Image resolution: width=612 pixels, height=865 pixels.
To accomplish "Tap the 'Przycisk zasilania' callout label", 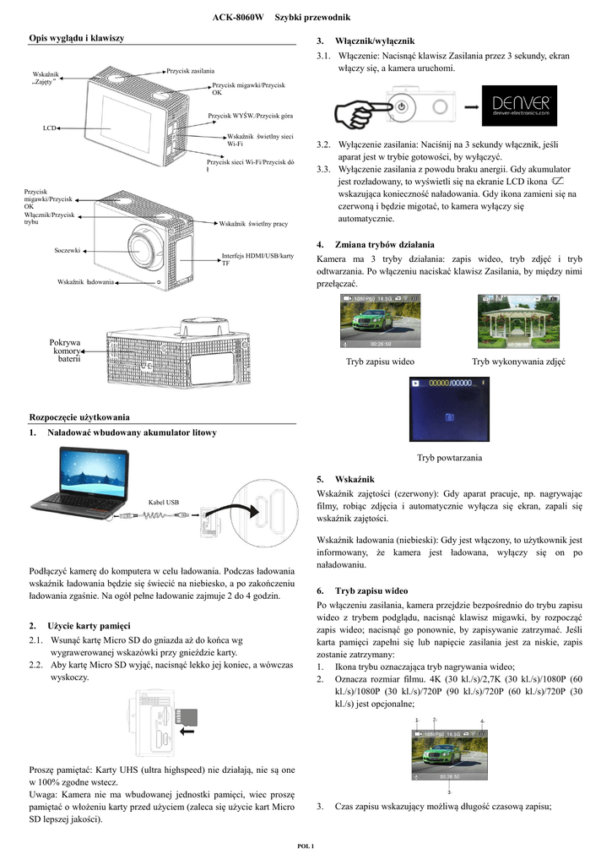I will (x=190, y=70).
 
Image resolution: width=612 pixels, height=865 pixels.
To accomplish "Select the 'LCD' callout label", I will (x=49, y=128).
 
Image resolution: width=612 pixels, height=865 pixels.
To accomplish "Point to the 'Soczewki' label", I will (x=67, y=250).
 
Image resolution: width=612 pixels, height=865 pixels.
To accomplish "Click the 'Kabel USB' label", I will (x=164, y=501).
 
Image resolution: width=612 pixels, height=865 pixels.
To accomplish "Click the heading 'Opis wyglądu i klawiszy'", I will (x=77, y=39).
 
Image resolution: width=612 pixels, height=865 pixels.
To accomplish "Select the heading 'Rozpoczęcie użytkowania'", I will (x=79, y=416).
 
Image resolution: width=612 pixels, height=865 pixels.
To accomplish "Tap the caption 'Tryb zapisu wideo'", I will (x=380, y=362).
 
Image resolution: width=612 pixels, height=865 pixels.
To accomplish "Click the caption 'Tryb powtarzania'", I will (x=449, y=457).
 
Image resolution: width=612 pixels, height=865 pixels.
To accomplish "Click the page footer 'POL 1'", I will (x=306, y=846).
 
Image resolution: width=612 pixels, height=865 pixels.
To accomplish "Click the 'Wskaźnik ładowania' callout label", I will (x=85, y=280).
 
